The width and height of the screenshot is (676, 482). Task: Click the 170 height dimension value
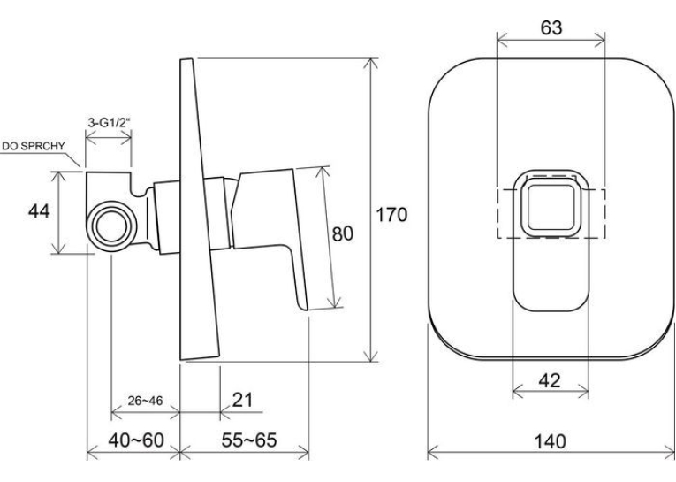pos(391,215)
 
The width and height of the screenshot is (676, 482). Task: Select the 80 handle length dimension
pos(343,233)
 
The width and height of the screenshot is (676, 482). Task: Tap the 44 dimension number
pos(39,211)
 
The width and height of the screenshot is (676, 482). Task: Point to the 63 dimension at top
pos(551,27)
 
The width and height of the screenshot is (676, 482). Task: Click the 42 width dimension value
pos(550,380)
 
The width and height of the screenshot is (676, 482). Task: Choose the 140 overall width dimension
pos(551,442)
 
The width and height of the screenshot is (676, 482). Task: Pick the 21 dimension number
pos(242,400)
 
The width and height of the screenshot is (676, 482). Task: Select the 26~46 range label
pos(145,401)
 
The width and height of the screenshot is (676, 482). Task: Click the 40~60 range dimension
pos(136,440)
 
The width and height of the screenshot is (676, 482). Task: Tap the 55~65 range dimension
pos(249,440)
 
